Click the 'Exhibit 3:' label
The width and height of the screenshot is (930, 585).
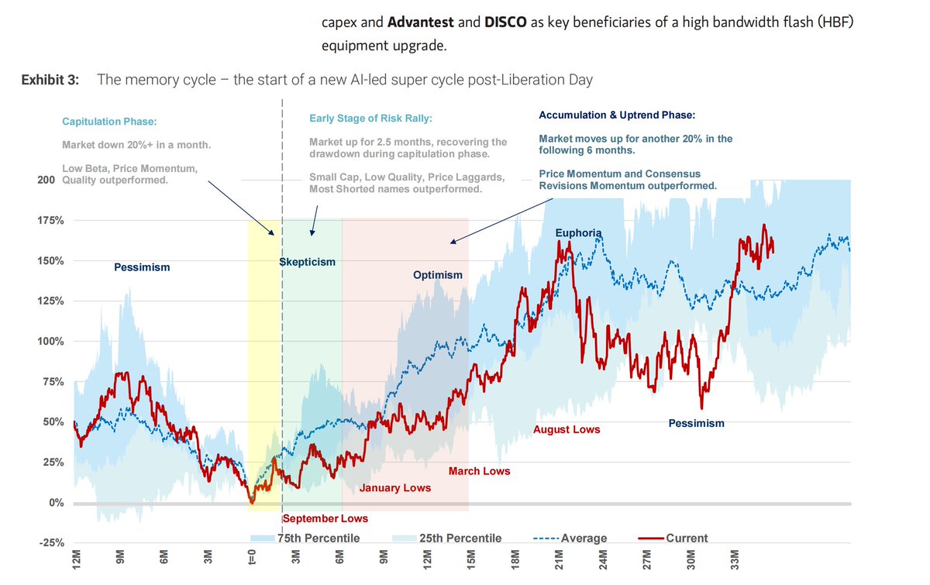click(x=50, y=80)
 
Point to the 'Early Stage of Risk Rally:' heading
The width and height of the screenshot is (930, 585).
click(x=370, y=119)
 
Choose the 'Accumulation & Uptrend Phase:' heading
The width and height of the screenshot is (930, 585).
click(x=617, y=115)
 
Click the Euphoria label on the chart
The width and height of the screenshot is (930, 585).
click(x=578, y=233)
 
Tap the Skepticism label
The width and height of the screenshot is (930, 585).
click(x=308, y=262)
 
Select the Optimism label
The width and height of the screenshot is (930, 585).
click(x=437, y=275)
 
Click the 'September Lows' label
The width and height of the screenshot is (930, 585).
click(x=325, y=518)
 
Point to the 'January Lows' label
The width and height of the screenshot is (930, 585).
click(x=394, y=488)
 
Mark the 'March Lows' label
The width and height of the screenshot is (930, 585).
click(x=479, y=471)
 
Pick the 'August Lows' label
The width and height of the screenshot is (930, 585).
click(x=567, y=429)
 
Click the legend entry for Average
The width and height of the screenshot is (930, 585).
click(x=570, y=539)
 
